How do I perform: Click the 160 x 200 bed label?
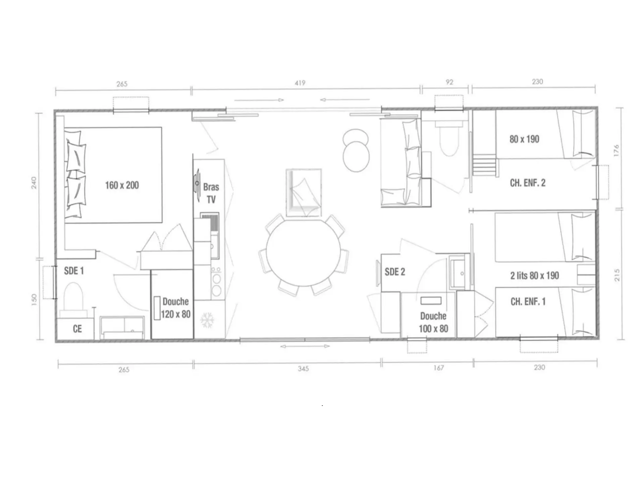(122, 185)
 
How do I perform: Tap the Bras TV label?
(211, 193)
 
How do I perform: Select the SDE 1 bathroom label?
(74, 271)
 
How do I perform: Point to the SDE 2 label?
(395, 272)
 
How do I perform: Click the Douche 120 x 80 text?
(176, 308)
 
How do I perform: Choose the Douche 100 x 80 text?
(433, 322)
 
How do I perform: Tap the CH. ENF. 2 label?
(528, 183)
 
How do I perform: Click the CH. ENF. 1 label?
(528, 302)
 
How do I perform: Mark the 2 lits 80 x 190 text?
(535, 276)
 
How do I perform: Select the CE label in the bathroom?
(77, 329)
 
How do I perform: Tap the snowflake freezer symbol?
(207, 320)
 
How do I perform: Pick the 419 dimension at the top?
(300, 83)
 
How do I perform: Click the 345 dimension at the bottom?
(303, 369)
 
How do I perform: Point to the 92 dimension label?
(449, 82)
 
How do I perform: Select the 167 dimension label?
(438, 368)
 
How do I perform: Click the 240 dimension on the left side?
(34, 183)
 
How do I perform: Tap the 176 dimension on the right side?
(616, 150)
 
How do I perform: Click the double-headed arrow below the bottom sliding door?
(305, 346)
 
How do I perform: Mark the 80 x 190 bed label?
(524, 139)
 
